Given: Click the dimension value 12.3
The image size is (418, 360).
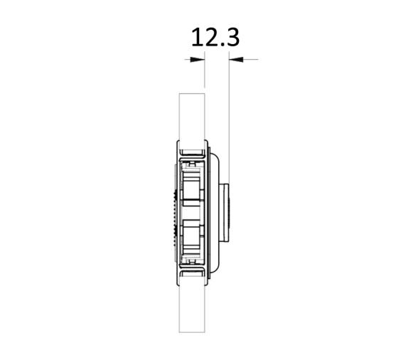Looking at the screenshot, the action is pos(215,38).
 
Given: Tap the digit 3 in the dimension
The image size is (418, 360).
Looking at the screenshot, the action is pos(232,38).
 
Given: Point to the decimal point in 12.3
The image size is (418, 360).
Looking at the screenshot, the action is pos(222,45).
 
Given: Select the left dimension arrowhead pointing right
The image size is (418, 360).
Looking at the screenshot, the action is pos(198,59).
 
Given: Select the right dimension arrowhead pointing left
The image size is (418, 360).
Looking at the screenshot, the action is pos(236,59).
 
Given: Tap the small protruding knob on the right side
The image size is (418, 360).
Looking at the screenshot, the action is pos(225,213).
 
